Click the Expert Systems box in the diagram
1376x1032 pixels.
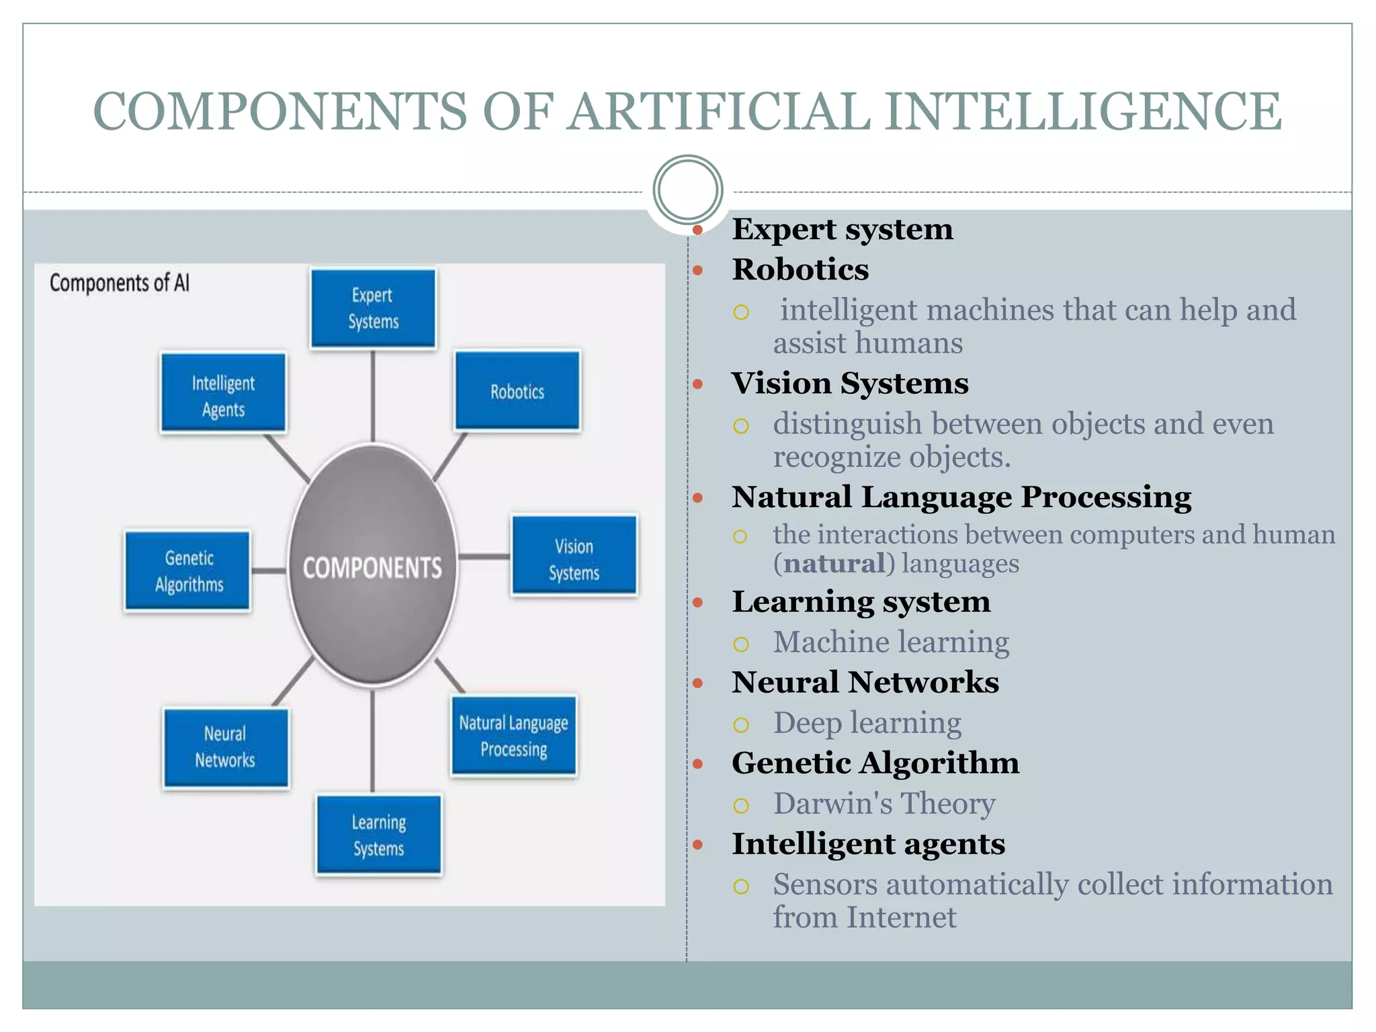pos(373,308)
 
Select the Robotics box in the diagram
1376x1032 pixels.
pos(517,391)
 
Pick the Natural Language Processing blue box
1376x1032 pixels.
pos(513,736)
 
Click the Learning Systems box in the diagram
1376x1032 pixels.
pos(378,834)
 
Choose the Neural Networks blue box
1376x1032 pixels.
pos(225,747)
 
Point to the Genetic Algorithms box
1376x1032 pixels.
pos(188,571)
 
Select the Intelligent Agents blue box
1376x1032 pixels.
pos(223,394)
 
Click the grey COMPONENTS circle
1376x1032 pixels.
pos(373,568)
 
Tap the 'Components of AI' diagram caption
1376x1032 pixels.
pos(120,283)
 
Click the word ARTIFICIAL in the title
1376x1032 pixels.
pos(719,112)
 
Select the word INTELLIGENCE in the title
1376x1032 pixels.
pos(1083,112)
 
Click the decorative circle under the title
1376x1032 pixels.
pos(687,189)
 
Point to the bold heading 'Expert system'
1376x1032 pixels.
pos(842,229)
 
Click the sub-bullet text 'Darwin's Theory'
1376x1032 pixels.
pos(884,804)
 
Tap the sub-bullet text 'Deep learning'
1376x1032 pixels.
pos(867,723)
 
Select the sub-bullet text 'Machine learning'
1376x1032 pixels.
pos(891,642)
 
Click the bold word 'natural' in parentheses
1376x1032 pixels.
pos(834,564)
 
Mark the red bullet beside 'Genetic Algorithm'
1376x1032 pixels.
pos(698,764)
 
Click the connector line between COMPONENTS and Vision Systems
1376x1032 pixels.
pos(484,556)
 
